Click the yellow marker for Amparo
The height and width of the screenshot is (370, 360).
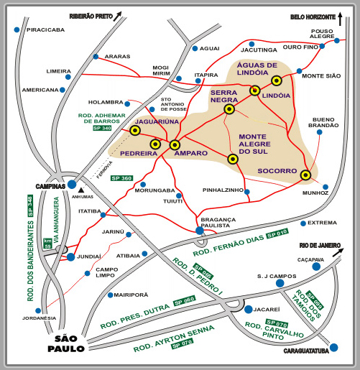(175, 145)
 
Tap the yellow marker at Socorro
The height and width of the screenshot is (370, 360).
(305, 175)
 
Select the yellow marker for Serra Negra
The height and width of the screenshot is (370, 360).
(229, 109)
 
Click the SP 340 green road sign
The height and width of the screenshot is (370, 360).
(102, 128)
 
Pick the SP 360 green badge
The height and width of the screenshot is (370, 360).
(121, 178)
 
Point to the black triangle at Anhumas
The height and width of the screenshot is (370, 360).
(81, 190)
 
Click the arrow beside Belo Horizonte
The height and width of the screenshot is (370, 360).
(340, 19)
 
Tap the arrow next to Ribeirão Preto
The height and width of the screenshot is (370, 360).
(117, 17)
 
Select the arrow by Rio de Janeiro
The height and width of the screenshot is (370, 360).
(338, 252)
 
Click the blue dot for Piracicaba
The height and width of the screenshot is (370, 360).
(17, 29)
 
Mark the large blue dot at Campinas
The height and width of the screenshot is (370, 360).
(72, 185)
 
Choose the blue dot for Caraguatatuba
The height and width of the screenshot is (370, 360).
(333, 347)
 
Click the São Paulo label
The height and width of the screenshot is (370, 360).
(66, 344)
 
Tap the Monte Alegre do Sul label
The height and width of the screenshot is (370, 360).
(254, 144)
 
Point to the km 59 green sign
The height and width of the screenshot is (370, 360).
(47, 244)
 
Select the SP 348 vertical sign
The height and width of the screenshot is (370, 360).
(30, 205)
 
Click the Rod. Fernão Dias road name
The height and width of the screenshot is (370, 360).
(229, 245)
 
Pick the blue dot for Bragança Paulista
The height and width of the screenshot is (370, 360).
(200, 231)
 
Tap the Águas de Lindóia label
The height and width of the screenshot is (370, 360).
(257, 69)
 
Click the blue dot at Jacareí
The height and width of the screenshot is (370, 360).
(249, 310)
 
